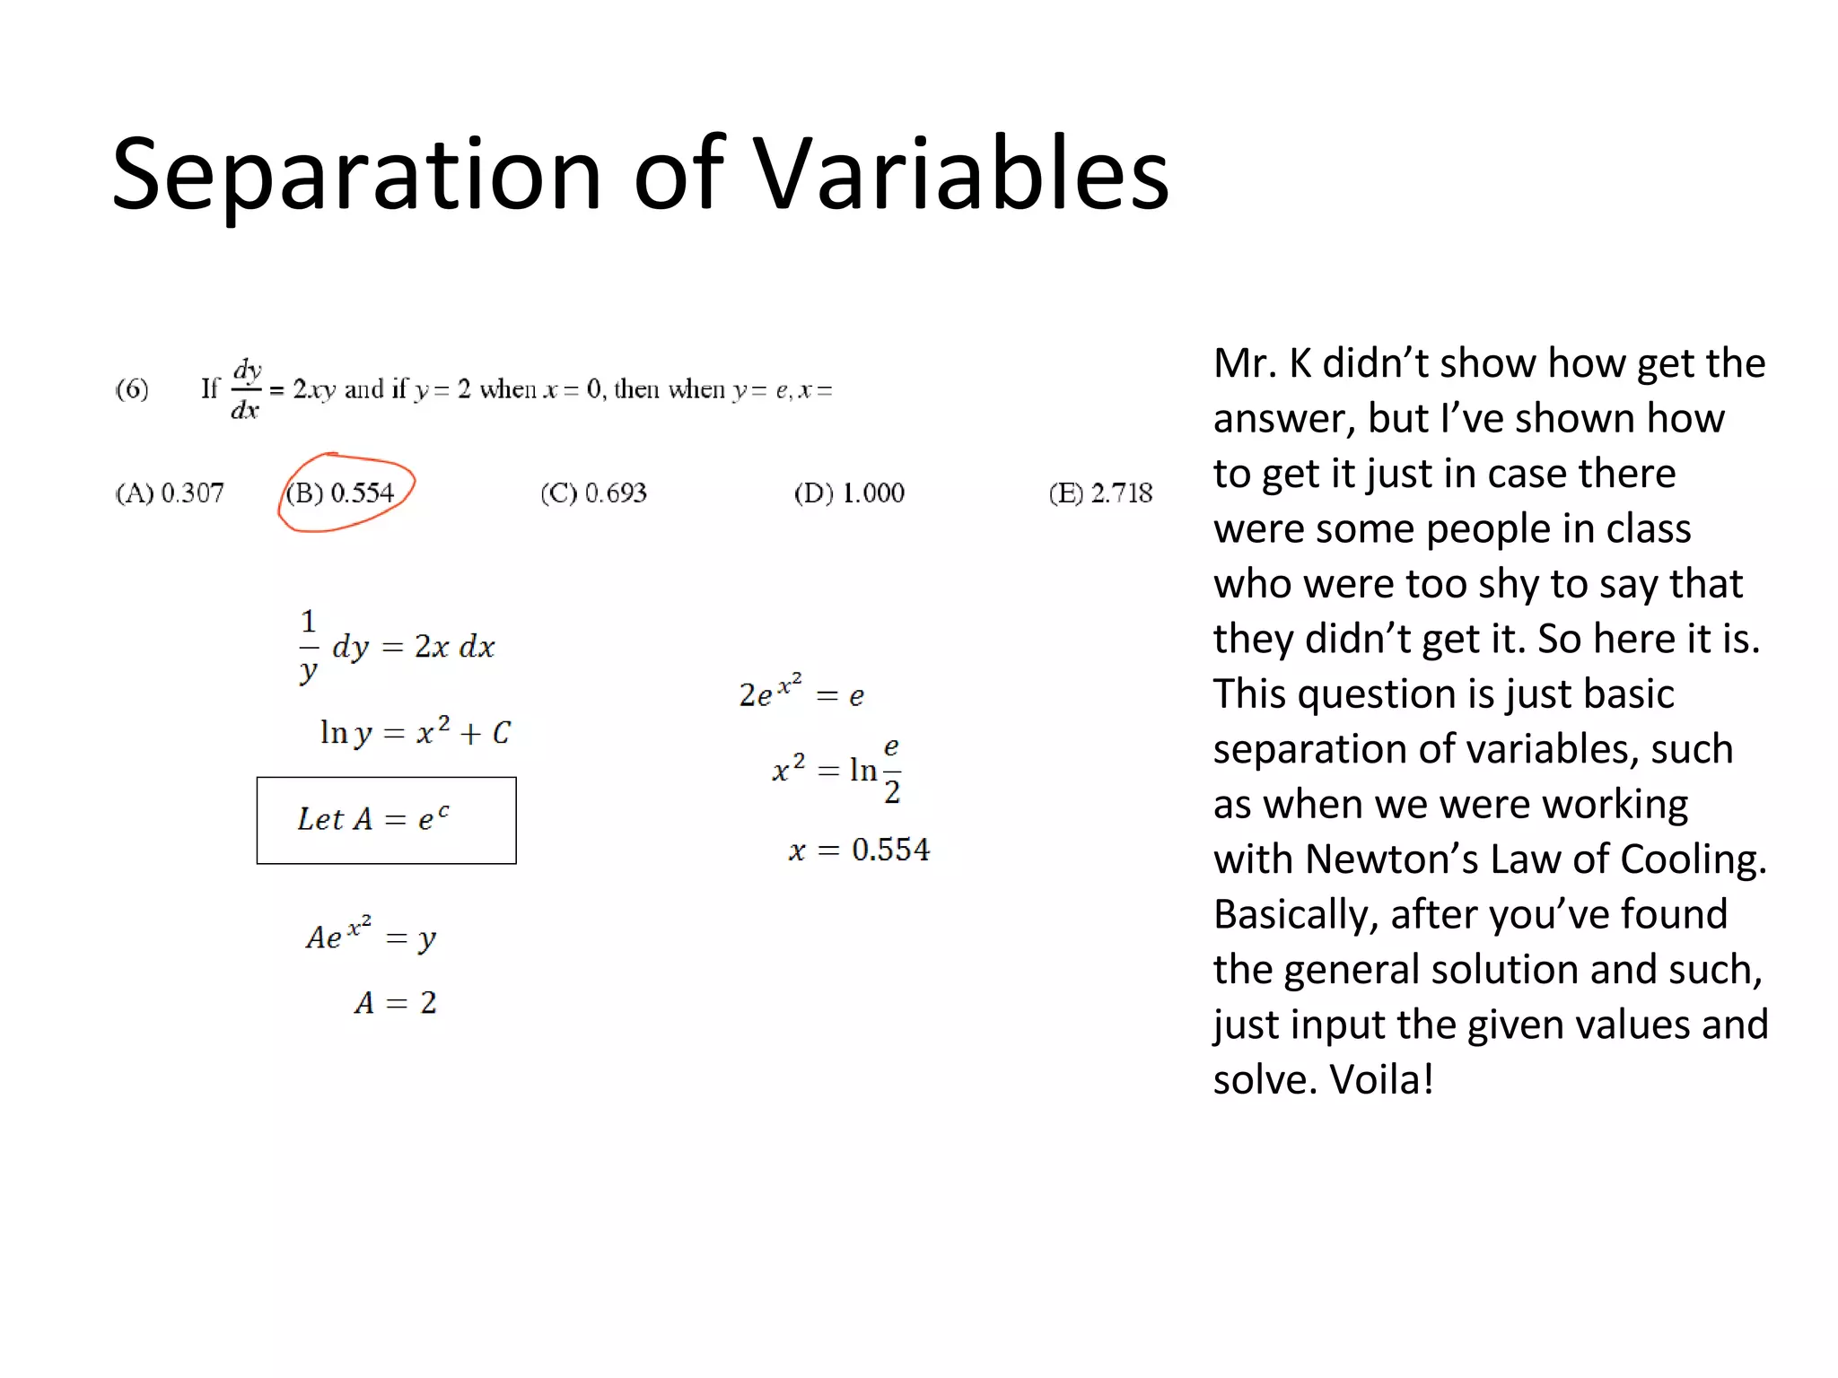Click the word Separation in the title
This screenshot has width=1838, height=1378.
point(355,174)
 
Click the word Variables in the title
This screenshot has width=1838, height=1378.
point(960,174)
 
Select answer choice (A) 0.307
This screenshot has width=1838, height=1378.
point(170,493)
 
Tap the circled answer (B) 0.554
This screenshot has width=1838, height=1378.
point(341,493)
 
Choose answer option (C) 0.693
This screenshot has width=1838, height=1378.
point(593,493)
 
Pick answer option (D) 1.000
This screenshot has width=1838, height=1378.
point(849,493)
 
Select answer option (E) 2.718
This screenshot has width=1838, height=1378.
point(1100,493)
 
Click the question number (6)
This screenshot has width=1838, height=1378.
point(132,388)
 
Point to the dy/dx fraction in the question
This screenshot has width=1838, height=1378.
point(246,389)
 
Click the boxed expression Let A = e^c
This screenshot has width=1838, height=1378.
point(386,820)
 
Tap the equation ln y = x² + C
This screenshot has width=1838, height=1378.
point(415,732)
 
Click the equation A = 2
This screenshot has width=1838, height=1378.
point(395,1002)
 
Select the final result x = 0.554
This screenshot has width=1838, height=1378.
point(859,849)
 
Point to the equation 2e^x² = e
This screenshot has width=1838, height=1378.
point(801,692)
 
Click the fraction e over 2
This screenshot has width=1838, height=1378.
point(891,770)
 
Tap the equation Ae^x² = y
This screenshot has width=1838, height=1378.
point(371,935)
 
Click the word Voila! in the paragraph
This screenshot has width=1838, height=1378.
point(1381,1079)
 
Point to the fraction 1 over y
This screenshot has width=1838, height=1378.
point(309,646)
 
